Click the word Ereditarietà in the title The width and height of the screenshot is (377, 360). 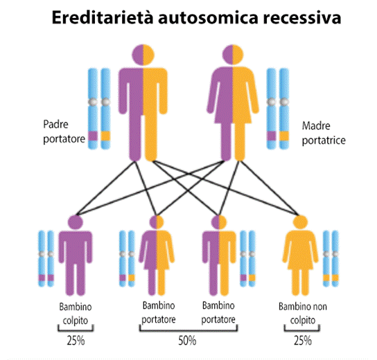[x=103, y=17]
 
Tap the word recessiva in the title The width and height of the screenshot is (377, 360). [x=302, y=18]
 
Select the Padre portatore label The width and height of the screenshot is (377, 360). [x=64, y=132]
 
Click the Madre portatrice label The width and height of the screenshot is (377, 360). [x=324, y=133]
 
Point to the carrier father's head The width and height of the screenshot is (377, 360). [x=143, y=55]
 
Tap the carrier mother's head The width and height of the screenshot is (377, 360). [x=232, y=55]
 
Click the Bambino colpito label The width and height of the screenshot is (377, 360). [x=76, y=314]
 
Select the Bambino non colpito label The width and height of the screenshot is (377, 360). [x=303, y=314]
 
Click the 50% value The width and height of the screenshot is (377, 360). [x=187, y=341]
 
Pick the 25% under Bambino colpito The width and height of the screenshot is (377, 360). [x=76, y=341]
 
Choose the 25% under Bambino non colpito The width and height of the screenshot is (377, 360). [x=303, y=341]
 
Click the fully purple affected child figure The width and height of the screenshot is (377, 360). [x=76, y=255]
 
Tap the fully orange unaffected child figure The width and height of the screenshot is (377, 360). [x=300, y=255]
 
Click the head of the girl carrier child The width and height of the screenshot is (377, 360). [x=157, y=222]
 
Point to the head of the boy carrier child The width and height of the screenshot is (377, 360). [x=219, y=222]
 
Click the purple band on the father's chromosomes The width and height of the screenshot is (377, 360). [x=93, y=136]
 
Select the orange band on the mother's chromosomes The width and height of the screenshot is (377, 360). [x=284, y=136]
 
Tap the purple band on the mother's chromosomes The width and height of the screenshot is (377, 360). [x=272, y=136]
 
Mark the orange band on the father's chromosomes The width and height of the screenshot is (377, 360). [x=105, y=136]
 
